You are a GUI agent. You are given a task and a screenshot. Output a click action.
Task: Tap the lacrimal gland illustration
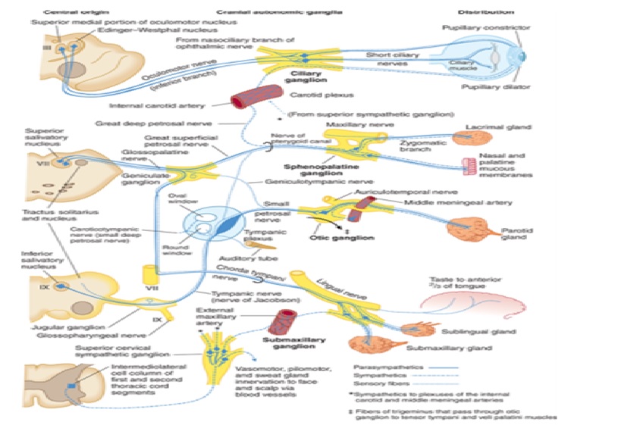pyautogui.click(x=472, y=138)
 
